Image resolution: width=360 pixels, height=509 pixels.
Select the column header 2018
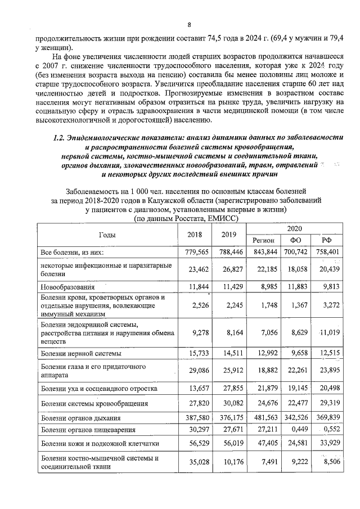(193, 235)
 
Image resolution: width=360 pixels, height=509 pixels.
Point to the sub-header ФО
(295, 240)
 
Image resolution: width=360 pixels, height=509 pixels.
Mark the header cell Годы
(107, 235)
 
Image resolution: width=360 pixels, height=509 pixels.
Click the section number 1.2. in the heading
(58, 137)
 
